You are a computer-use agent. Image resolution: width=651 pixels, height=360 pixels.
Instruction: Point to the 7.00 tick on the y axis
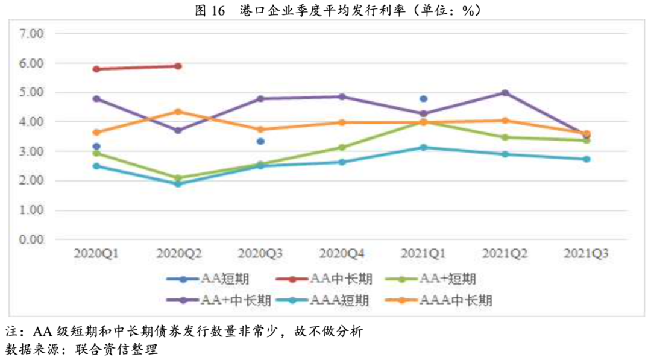click(32, 34)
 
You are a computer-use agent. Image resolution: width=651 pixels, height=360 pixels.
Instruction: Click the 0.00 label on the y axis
click(32, 240)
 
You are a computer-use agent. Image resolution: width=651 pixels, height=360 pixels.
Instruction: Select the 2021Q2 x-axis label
click(505, 254)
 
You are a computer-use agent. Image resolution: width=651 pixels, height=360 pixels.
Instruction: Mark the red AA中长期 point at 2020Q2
click(178, 66)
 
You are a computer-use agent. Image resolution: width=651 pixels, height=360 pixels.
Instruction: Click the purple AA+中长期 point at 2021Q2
click(505, 93)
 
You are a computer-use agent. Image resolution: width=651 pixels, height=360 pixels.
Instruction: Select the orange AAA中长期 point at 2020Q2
click(178, 112)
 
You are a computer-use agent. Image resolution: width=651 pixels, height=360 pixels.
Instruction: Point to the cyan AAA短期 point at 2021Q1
click(423, 147)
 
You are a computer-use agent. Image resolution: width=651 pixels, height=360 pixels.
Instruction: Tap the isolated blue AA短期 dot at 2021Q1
click(423, 98)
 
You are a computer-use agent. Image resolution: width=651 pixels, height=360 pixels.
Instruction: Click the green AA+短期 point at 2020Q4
click(342, 147)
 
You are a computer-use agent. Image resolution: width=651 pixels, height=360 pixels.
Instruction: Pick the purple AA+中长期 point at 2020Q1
click(96, 98)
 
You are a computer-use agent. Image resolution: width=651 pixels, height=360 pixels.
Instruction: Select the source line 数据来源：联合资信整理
click(81, 349)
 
